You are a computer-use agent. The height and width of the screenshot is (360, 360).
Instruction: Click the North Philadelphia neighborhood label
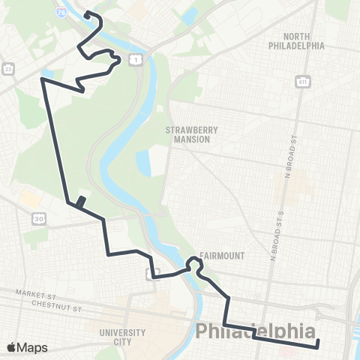(296, 40)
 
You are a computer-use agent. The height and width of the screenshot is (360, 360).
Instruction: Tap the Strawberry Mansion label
(193, 134)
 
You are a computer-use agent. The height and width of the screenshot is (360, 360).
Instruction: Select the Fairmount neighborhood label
(222, 255)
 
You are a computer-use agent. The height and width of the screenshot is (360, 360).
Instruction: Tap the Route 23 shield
(7, 68)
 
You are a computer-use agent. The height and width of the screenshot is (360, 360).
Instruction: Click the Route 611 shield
(303, 80)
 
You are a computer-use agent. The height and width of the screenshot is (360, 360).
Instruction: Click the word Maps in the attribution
(32, 347)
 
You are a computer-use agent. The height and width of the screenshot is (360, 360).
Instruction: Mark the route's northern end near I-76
(86, 13)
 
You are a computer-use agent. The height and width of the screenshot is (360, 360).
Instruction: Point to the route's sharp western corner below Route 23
(42, 78)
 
